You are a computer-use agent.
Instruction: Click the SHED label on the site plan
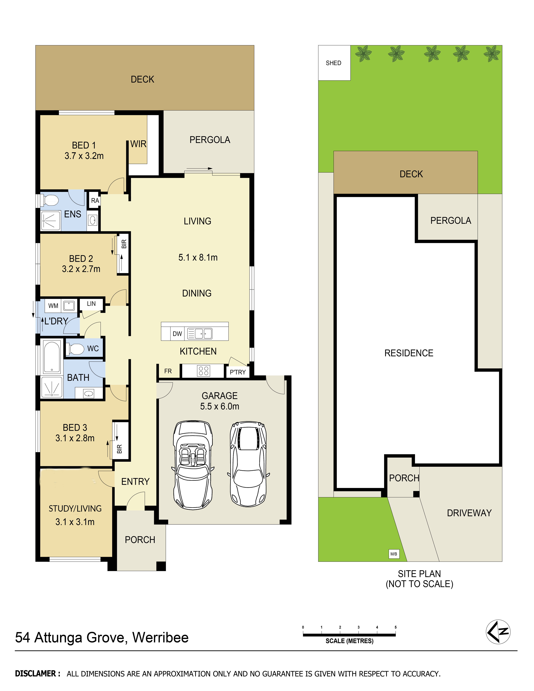(333, 63)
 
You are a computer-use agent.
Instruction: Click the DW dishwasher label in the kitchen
(177, 334)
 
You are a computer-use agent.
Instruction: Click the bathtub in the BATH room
(52, 357)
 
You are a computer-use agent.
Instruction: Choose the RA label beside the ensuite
(95, 201)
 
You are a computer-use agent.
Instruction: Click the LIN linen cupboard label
(91, 304)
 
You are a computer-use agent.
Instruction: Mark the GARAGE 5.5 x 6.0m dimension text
(220, 406)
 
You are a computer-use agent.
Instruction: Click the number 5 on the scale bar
(395, 627)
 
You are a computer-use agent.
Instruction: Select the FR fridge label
(168, 371)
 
